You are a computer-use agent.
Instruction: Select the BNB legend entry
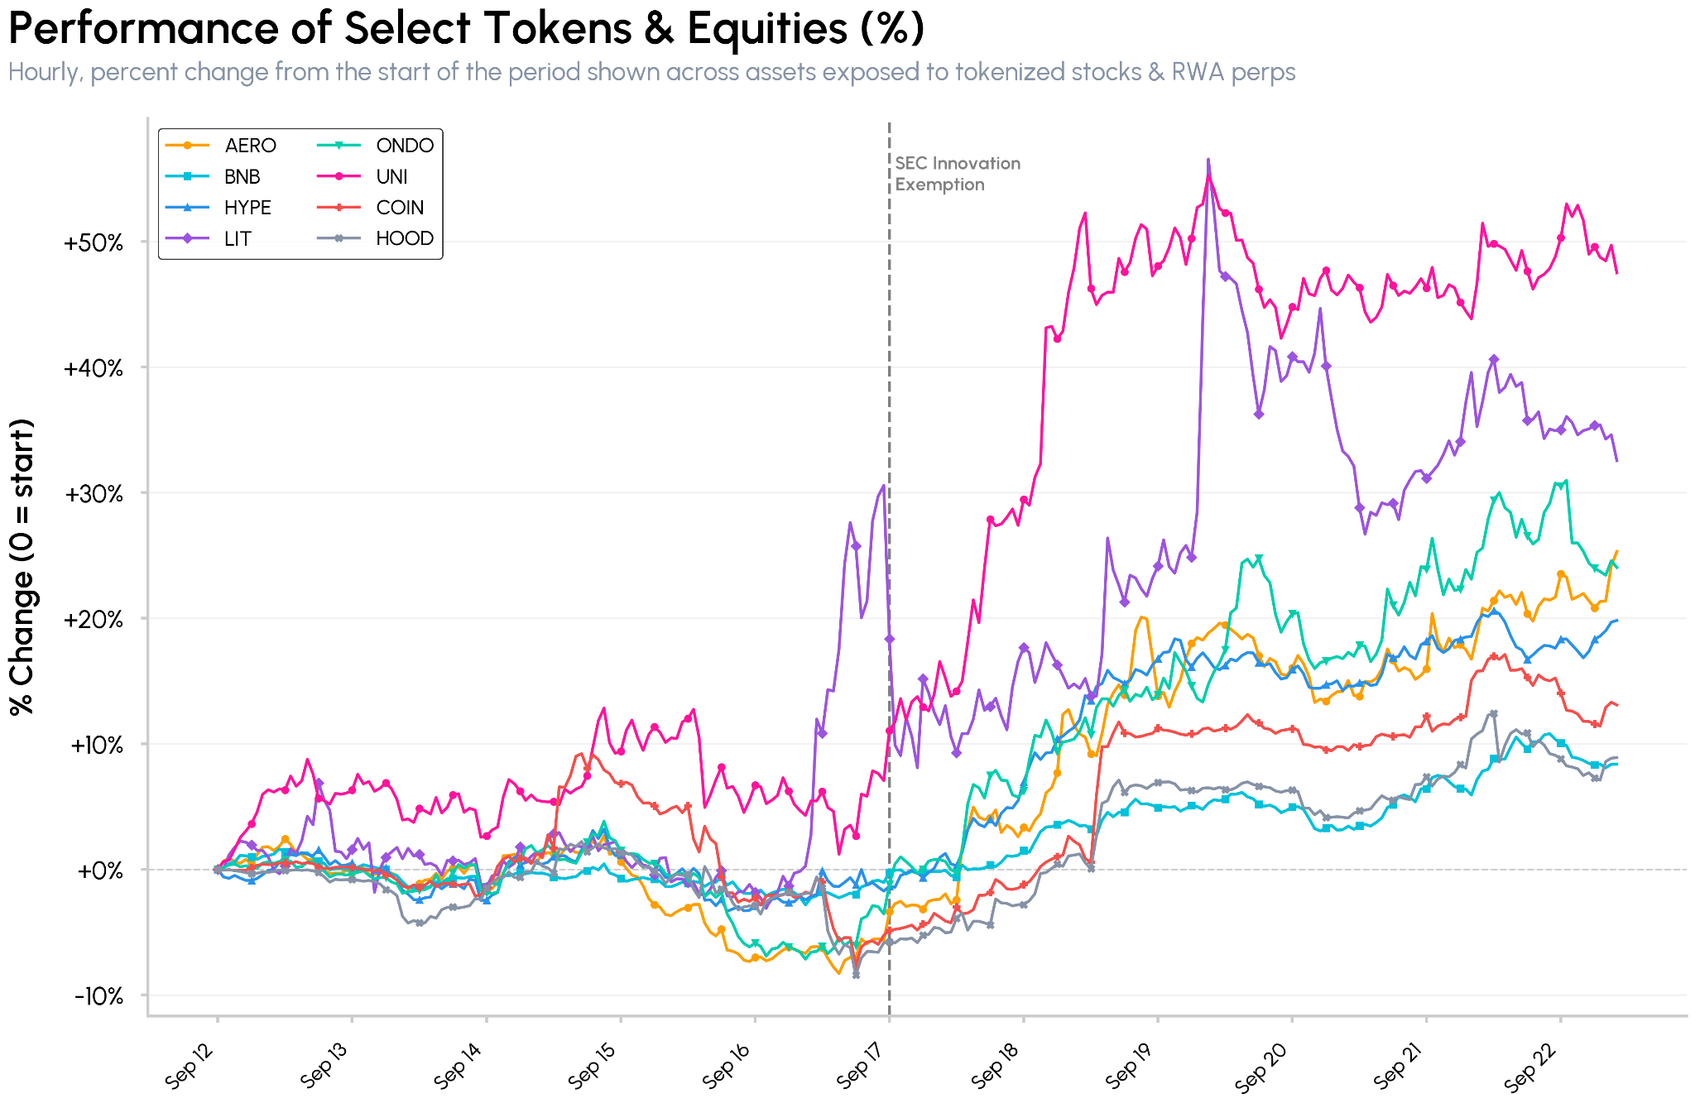click(x=214, y=176)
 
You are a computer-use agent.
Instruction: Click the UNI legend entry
click(x=363, y=176)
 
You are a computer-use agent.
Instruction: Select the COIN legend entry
click(x=371, y=208)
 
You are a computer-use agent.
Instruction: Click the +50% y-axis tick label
click(x=94, y=243)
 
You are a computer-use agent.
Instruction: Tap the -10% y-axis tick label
click(x=98, y=996)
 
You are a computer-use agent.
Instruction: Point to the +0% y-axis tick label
click(x=100, y=871)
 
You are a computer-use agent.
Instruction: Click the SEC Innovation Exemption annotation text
click(x=958, y=174)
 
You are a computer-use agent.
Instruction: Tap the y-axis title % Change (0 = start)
click(x=22, y=567)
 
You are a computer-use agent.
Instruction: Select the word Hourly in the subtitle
click(x=44, y=73)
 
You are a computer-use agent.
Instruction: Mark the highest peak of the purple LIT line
click(x=1208, y=159)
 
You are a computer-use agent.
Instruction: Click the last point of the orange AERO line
click(x=1616, y=551)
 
